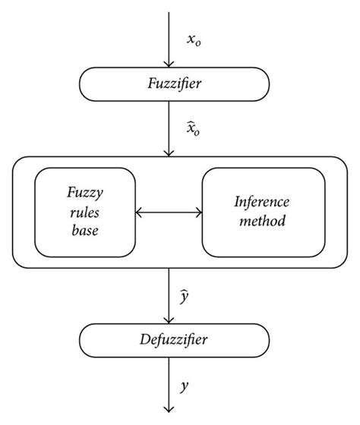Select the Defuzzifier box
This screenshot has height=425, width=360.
click(174, 339)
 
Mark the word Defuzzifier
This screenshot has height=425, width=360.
click(174, 339)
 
